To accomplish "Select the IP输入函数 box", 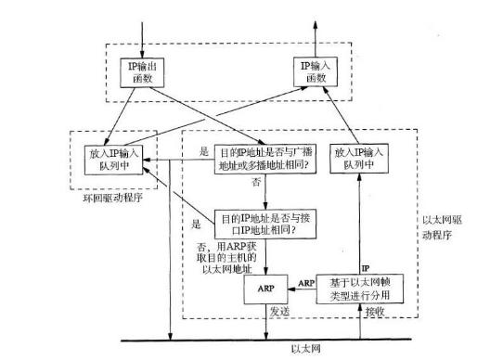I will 315,71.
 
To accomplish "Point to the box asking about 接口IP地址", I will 265,223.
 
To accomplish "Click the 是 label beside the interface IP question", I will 197,225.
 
